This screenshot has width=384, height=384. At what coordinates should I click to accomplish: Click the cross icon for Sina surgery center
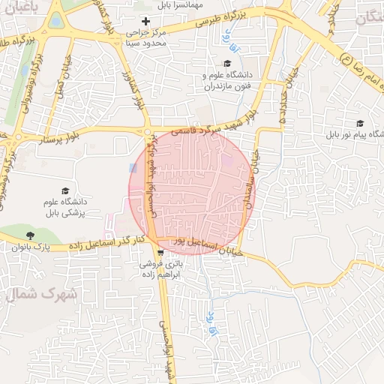(145, 22)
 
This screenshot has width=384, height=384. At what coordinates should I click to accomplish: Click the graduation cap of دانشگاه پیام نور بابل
(360, 124)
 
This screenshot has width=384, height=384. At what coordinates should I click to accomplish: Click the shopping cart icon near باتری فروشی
(160, 253)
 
